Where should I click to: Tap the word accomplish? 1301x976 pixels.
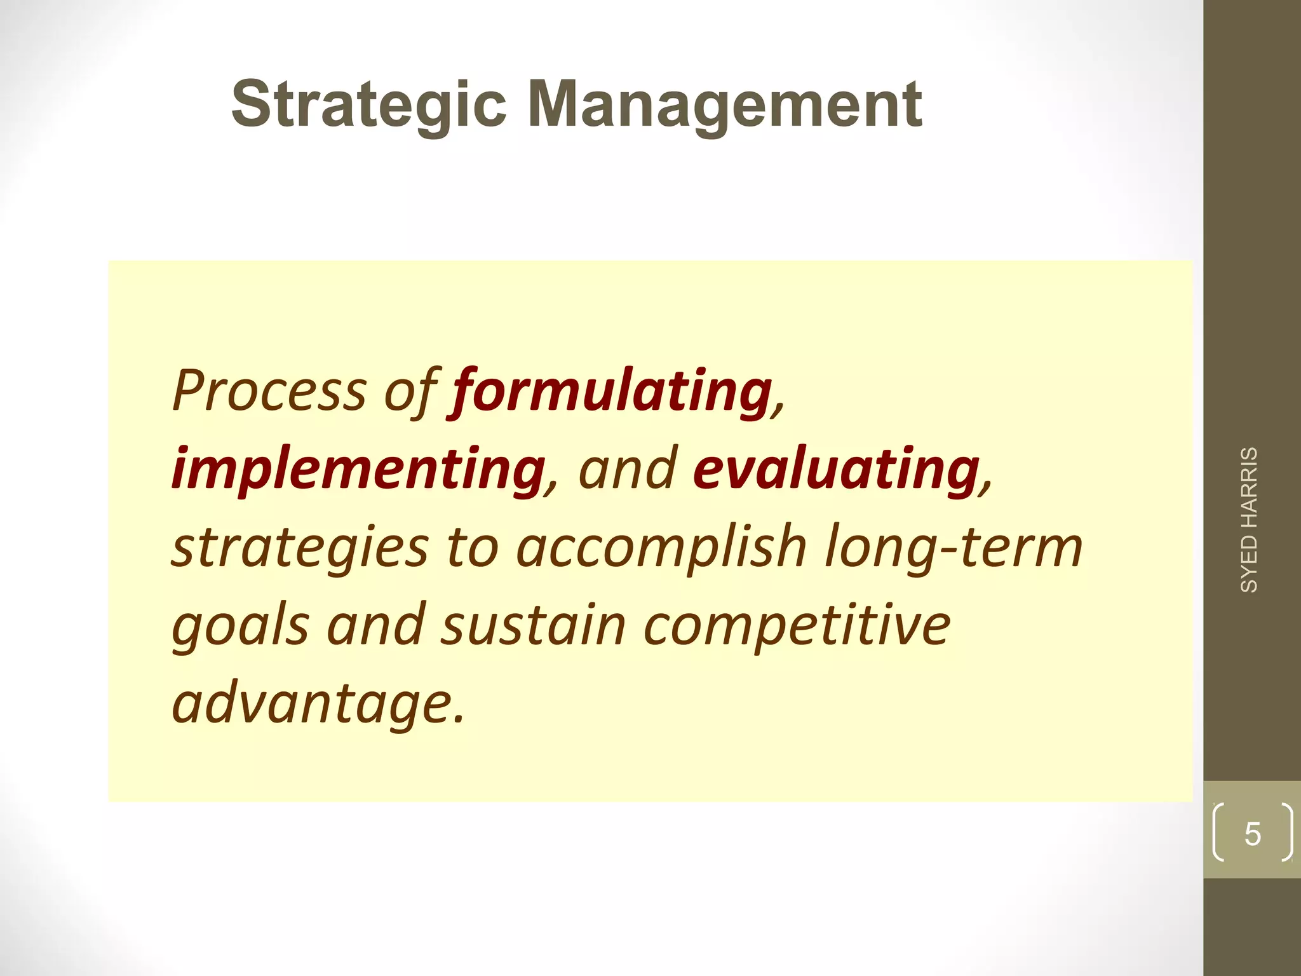point(661,548)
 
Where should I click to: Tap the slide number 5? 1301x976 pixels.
point(1252,834)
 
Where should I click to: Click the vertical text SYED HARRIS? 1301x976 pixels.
point(1249,520)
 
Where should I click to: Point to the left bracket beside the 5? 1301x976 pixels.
point(1217,832)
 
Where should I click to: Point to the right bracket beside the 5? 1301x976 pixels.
point(1287,832)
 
